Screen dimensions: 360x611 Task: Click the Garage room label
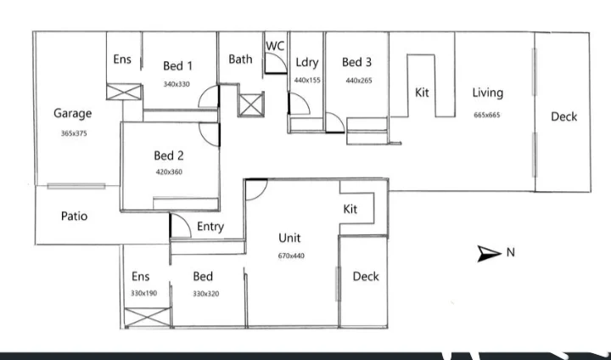72,113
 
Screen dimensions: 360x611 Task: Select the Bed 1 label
178,66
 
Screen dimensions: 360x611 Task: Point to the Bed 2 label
169,155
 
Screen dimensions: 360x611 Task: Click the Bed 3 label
356,62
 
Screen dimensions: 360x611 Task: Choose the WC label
275,45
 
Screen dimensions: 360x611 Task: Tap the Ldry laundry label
306,63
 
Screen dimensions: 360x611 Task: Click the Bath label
240,59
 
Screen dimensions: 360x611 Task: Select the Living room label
487,93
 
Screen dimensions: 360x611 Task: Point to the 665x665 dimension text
487,115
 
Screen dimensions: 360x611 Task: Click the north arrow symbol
489,252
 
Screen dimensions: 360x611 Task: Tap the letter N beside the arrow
510,252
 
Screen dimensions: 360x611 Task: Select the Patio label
75,217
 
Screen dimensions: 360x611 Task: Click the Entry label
210,227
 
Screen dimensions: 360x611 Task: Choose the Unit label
290,238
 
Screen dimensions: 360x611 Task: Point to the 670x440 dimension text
291,256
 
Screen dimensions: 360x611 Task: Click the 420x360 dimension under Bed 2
169,172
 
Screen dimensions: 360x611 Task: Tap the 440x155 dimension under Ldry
307,80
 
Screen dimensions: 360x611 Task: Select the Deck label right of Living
564,116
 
